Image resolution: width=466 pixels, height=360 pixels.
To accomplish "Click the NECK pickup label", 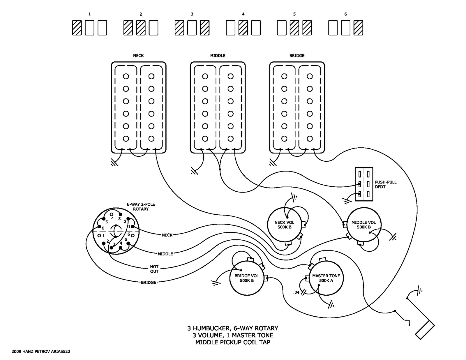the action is (x=138, y=56).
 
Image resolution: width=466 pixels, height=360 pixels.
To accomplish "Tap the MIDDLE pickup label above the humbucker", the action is (x=218, y=56).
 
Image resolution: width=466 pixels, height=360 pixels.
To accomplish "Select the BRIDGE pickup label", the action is (x=297, y=56).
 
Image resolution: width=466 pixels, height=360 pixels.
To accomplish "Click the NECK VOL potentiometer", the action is (x=284, y=225).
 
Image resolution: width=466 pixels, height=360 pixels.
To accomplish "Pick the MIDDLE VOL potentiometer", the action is (x=364, y=225).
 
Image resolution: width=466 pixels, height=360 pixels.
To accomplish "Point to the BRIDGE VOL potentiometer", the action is (x=247, y=278).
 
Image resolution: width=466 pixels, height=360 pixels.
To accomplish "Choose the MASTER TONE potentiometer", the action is (x=326, y=278).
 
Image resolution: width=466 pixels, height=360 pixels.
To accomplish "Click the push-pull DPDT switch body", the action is (x=364, y=184).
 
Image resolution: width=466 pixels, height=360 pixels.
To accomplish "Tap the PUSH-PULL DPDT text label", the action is (x=386, y=184).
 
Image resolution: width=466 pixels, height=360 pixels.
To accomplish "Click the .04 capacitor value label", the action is (x=296, y=292).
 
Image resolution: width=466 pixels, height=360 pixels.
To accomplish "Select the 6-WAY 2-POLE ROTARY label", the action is (x=141, y=207).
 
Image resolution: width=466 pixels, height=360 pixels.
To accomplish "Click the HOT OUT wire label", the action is (x=154, y=269).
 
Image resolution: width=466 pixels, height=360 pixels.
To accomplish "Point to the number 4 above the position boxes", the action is (x=243, y=14).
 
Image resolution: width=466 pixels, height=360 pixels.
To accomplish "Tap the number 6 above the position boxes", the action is (x=345, y=14).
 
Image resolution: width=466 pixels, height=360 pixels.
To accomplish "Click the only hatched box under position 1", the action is (x=77, y=28).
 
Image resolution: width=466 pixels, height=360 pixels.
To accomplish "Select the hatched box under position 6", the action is (x=358, y=28).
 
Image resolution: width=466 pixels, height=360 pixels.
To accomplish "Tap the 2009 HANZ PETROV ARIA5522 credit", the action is (x=41, y=352).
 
